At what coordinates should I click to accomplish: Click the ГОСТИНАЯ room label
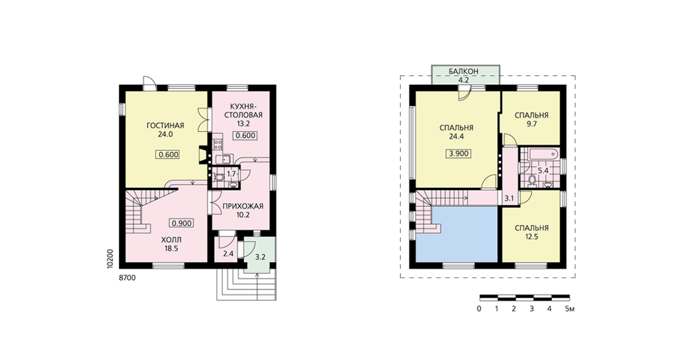(x=165, y=126)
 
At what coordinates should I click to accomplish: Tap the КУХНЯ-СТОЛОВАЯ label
(x=243, y=111)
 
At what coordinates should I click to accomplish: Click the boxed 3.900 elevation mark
(x=459, y=154)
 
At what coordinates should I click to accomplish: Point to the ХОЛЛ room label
(x=172, y=240)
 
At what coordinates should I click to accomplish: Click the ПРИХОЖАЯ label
(x=242, y=206)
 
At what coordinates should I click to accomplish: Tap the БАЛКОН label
(x=463, y=71)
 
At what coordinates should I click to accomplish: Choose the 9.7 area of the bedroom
(x=532, y=124)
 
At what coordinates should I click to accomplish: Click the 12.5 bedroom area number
(x=532, y=236)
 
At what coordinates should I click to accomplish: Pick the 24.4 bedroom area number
(x=456, y=137)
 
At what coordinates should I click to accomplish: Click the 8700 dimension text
(x=127, y=278)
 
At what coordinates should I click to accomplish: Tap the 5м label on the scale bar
(x=570, y=309)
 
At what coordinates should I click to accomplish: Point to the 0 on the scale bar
(x=479, y=309)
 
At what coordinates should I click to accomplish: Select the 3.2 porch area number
(x=260, y=257)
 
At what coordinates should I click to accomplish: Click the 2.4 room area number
(x=228, y=254)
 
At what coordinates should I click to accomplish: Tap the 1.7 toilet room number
(x=232, y=174)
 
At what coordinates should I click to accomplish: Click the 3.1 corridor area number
(x=509, y=199)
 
